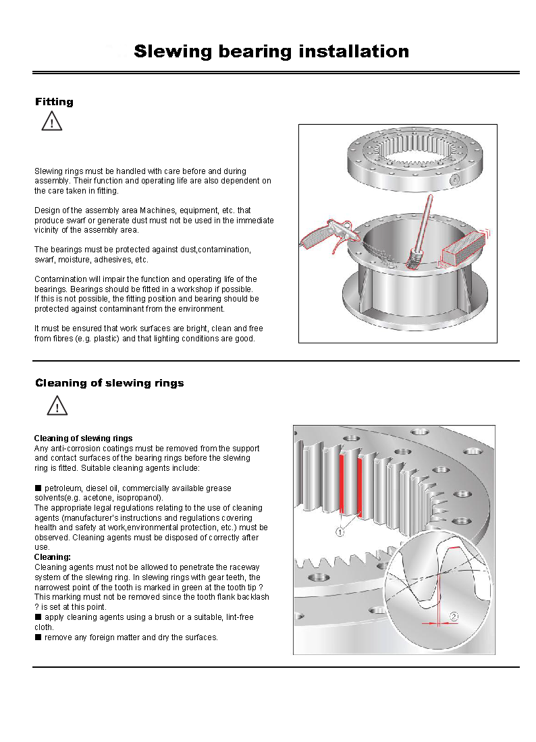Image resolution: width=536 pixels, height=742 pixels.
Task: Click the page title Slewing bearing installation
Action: point(271,51)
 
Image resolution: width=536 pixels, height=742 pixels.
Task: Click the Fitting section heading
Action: point(54,102)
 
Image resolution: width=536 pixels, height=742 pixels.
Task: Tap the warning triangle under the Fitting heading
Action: point(51,121)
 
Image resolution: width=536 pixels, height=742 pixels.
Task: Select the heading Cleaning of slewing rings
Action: point(109,383)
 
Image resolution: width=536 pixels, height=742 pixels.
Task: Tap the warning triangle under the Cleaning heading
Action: point(57,406)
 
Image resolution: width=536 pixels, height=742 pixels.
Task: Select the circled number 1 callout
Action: point(340,532)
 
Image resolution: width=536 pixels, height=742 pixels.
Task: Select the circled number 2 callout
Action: point(454,616)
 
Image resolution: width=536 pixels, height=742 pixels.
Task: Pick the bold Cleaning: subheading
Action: point(53,557)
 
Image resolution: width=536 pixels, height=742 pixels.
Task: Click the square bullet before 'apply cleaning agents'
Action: point(38,617)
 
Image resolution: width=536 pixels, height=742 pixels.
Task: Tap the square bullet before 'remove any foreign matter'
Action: point(38,637)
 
